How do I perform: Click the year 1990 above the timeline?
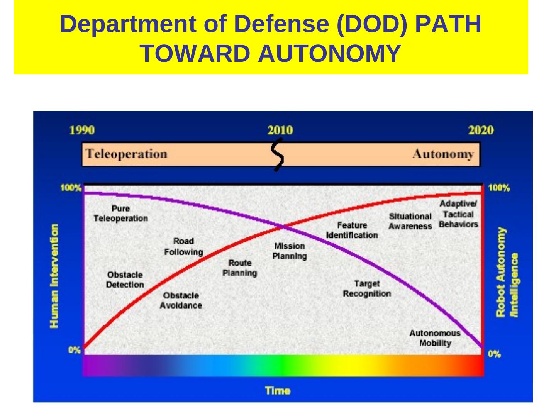[82, 130]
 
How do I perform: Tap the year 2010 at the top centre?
[280, 130]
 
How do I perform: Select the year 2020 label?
[481, 130]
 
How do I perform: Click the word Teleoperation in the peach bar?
[126, 154]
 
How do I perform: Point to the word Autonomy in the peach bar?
[442, 154]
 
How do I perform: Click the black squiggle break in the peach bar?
[278, 154]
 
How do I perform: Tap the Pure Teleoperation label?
[120, 214]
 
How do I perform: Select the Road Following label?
[183, 247]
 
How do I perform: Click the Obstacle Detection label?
[125, 280]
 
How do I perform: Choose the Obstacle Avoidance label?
[181, 300]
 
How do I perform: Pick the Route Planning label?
[240, 268]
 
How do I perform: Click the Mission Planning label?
[290, 251]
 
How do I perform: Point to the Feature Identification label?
[352, 230]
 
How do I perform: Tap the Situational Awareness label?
[410, 221]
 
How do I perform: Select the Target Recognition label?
[367, 289]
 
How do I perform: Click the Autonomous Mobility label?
[435, 338]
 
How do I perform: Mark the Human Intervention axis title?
[54, 276]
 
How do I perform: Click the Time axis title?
[278, 391]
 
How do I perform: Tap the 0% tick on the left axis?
[75, 350]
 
